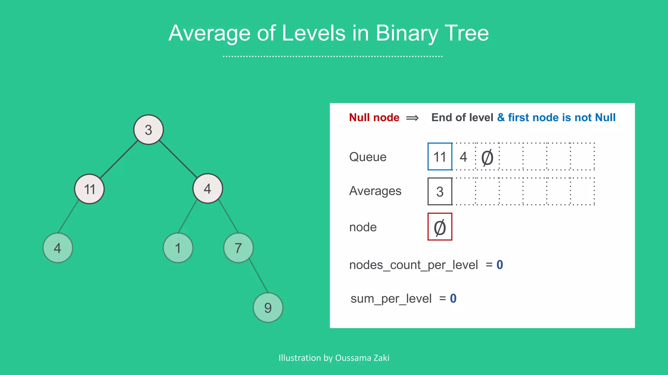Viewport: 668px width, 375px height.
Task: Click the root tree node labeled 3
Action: pos(148,130)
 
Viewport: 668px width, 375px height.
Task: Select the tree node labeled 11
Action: pos(89,189)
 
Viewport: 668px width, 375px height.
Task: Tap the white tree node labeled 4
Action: pos(207,188)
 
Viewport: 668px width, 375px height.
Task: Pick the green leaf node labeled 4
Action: pos(58,248)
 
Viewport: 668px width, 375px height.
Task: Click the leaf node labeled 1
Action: pos(178,248)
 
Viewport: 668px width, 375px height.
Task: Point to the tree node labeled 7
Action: pos(238,248)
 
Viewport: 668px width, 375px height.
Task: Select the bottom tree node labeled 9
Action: pos(268,308)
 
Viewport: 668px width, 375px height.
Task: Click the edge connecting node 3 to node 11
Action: pos(119,159)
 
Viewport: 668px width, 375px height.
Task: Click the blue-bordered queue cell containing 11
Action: pos(440,157)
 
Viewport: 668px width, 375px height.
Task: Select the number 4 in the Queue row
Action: pos(463,157)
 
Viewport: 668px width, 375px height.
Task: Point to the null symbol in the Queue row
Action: pos(487,158)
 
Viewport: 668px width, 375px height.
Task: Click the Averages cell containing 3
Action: pos(440,191)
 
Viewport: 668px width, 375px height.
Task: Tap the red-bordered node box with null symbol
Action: pos(440,227)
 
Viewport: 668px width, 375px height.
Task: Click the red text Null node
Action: pos(374,118)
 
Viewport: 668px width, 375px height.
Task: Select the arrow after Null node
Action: pos(412,118)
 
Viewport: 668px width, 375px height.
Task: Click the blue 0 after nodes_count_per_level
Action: pos(500,265)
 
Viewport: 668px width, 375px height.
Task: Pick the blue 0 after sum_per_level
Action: pos(453,299)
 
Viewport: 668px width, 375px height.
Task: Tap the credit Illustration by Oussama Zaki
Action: pos(334,358)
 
